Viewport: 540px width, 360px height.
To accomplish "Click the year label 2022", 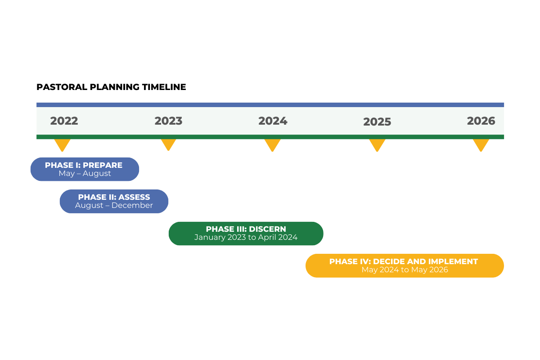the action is pyautogui.click(x=64, y=121).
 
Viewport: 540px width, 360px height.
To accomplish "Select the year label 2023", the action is pyautogui.click(x=168, y=121).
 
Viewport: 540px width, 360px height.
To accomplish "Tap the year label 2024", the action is pyautogui.click(x=273, y=121).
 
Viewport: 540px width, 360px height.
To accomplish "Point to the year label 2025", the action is pyautogui.click(x=377, y=122).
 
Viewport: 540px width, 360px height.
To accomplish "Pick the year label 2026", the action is pyautogui.click(x=481, y=121).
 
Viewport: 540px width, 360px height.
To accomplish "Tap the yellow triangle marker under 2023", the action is pyautogui.click(x=168, y=144).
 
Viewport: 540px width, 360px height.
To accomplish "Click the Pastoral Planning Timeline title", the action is pyautogui.click(x=111, y=87).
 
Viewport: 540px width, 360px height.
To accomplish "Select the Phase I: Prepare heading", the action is pyautogui.click(x=84, y=165).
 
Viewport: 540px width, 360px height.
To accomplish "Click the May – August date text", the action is pyautogui.click(x=85, y=173).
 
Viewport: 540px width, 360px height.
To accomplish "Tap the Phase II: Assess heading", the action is pyautogui.click(x=114, y=197).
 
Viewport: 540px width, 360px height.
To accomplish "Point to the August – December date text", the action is pyautogui.click(x=114, y=206).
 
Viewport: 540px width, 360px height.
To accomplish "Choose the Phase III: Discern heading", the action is pyautogui.click(x=246, y=229).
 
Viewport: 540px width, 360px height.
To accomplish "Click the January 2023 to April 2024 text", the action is pyautogui.click(x=246, y=237).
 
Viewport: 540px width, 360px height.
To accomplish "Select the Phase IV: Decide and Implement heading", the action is pyautogui.click(x=404, y=261).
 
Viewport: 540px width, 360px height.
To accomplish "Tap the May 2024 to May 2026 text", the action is pyautogui.click(x=405, y=270).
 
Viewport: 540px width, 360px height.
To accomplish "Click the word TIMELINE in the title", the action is pyautogui.click(x=164, y=87).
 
